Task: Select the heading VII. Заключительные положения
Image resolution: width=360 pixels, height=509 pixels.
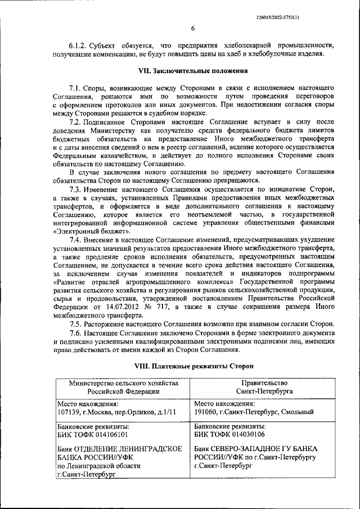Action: (x=193, y=71)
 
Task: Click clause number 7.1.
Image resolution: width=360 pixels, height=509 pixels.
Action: (x=76, y=88)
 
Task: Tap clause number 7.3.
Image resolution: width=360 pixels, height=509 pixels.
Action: (x=76, y=190)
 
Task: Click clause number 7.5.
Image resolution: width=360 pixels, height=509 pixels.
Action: (x=76, y=324)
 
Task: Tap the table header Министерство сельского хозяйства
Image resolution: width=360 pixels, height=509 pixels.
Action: (x=123, y=382)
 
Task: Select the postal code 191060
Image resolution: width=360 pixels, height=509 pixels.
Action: (x=205, y=412)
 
